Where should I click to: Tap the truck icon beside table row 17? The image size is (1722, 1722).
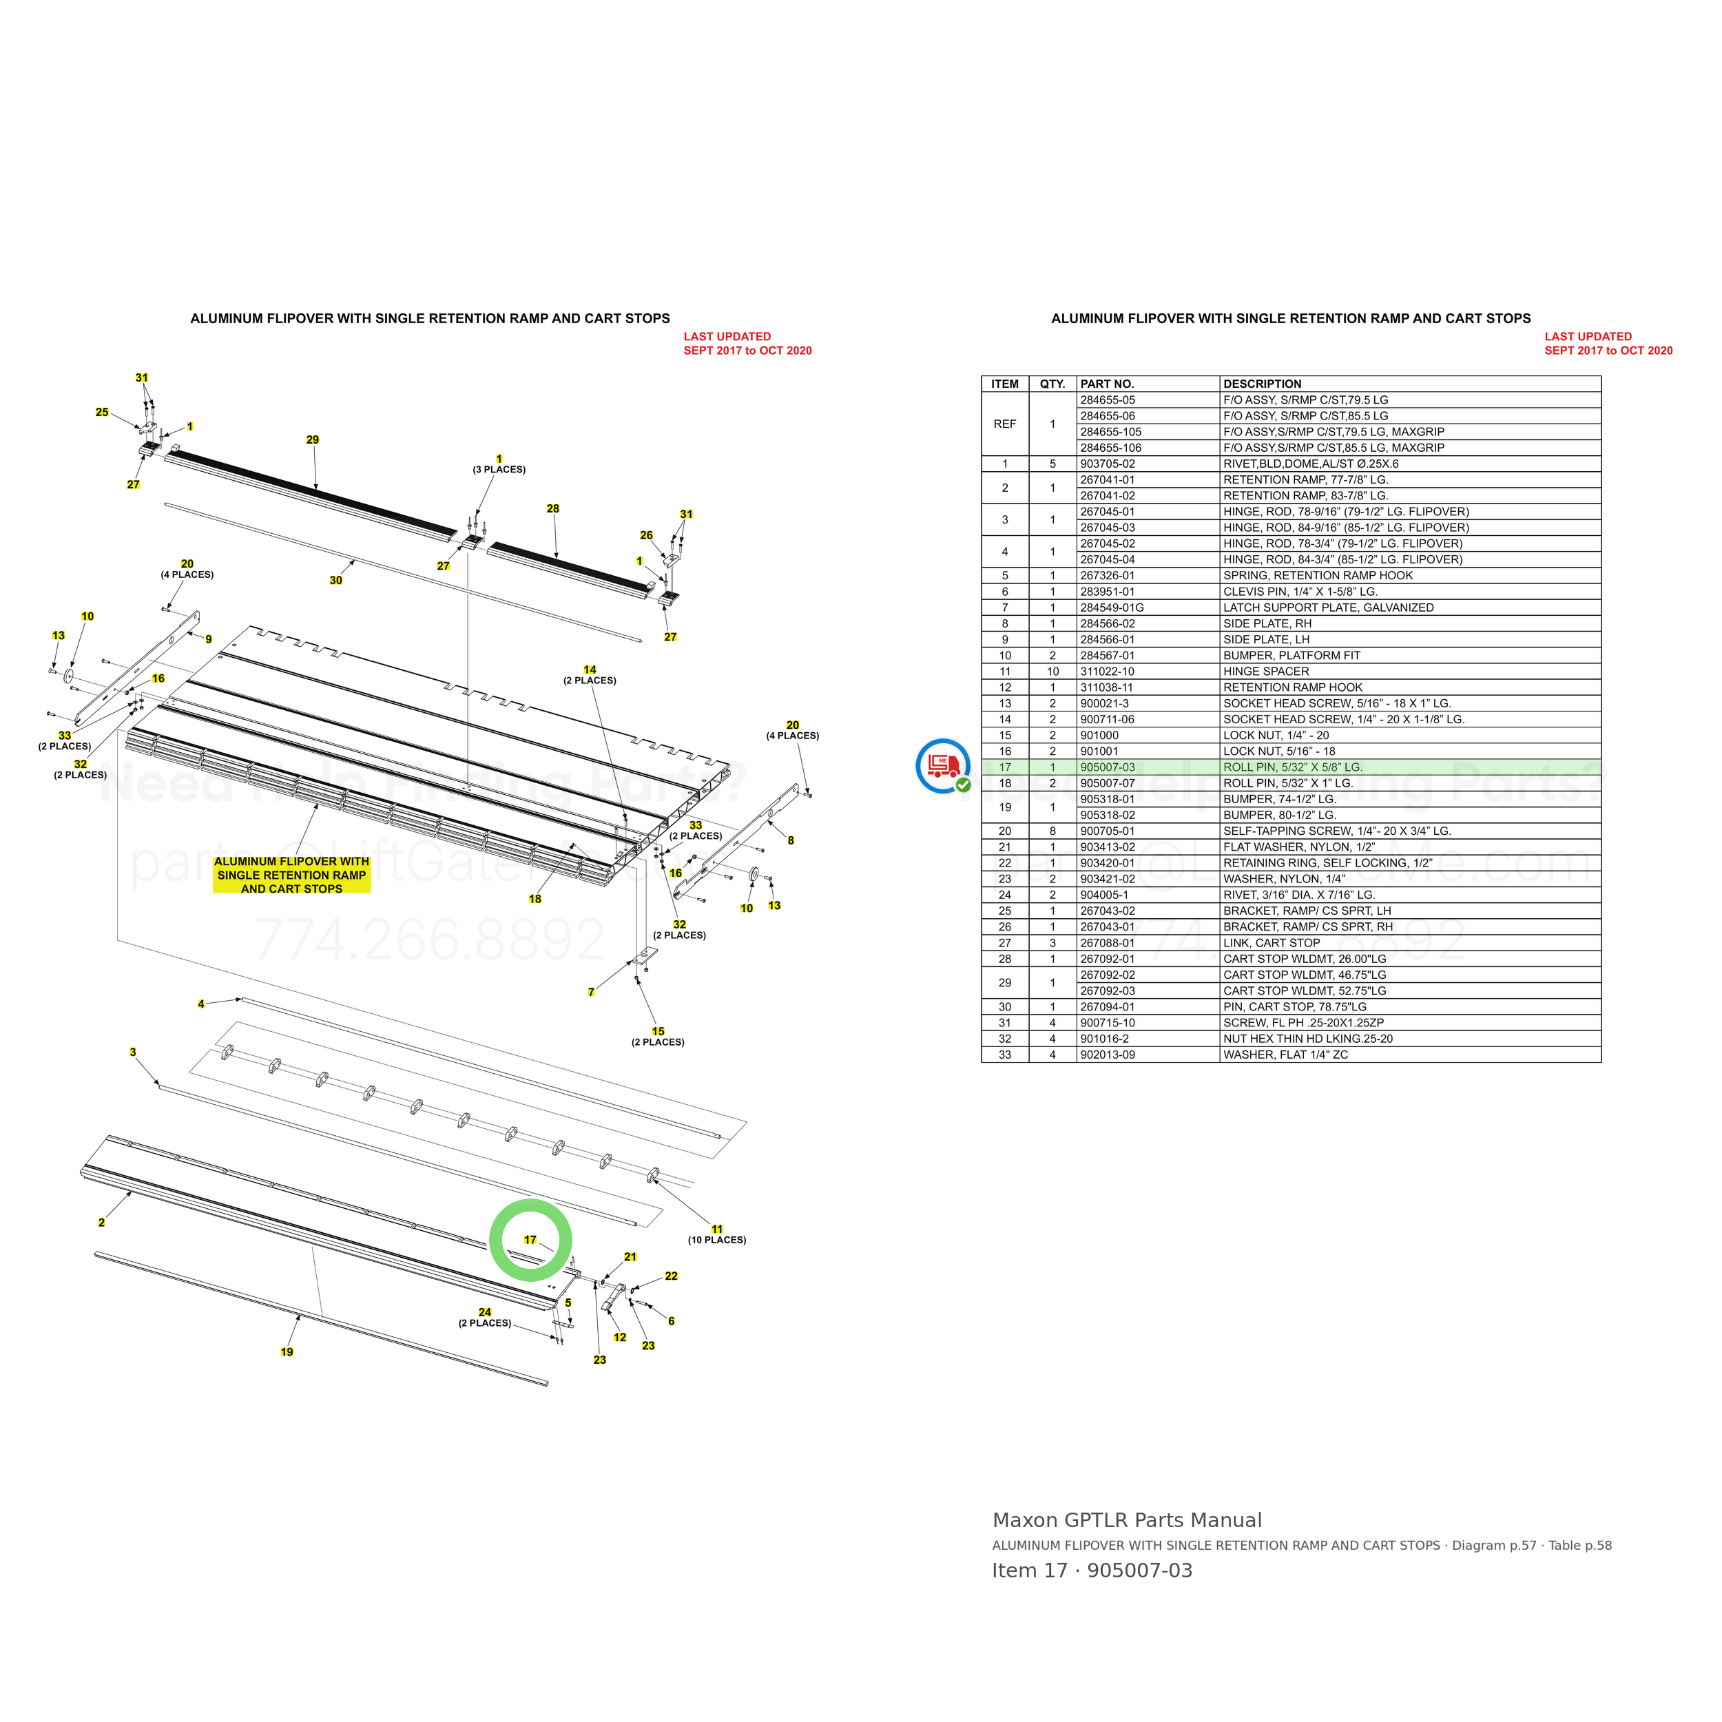[944, 766]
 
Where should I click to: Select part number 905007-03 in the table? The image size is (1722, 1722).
[1108, 767]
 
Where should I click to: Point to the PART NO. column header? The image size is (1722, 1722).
[1107, 384]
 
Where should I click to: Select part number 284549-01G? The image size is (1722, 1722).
[1112, 608]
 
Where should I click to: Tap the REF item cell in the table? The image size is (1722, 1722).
[1004, 424]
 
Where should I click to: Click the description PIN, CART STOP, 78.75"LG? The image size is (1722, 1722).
[1294, 1007]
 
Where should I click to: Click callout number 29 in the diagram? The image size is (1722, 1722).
[312, 439]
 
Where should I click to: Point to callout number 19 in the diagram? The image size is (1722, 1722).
[287, 1352]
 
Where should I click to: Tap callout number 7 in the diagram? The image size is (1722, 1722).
[591, 992]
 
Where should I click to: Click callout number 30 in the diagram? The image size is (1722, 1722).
[336, 580]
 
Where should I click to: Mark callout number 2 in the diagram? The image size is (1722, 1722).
[102, 1223]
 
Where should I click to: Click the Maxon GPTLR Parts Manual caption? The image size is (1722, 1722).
[1127, 1521]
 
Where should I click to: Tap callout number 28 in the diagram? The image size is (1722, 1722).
[552, 509]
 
